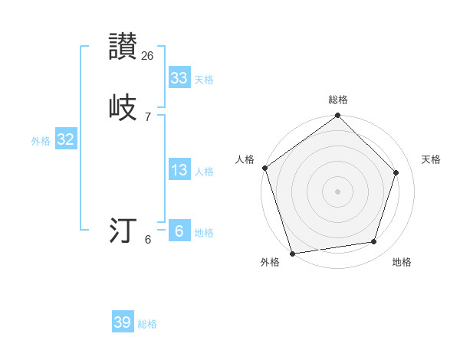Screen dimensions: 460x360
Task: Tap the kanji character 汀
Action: (123, 231)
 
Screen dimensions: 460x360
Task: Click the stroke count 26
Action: (148, 55)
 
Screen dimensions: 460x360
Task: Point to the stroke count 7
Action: (148, 116)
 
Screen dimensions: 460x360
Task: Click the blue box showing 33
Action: (179, 78)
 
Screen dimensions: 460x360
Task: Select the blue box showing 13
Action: (179, 170)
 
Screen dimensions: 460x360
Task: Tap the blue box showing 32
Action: (65, 139)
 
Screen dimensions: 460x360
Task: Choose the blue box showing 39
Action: (122, 322)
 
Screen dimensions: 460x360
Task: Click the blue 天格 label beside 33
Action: (203, 80)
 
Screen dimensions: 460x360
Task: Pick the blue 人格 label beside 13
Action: (203, 172)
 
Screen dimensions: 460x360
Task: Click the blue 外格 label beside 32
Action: (41, 141)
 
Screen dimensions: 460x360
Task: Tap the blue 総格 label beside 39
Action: (147, 324)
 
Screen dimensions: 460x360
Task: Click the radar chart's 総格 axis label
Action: (338, 100)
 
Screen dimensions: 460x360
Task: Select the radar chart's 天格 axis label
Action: (431, 159)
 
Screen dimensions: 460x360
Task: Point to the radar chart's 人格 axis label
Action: (245, 159)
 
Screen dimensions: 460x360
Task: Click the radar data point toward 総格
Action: (338, 116)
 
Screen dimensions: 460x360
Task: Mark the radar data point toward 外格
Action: (292, 253)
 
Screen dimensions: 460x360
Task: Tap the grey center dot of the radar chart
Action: (338, 191)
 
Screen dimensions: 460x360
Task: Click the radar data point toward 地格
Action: (374, 242)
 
